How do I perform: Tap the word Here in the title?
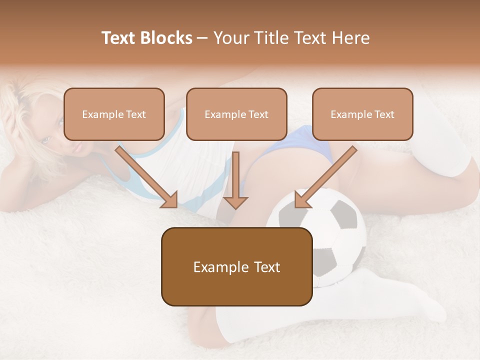350,38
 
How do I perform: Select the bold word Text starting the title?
118,38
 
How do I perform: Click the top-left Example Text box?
114,114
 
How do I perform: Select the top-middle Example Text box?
236,114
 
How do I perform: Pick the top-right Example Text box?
362,114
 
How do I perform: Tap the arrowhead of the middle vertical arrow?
235,202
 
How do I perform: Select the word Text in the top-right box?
384,114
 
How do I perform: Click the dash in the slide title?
202,38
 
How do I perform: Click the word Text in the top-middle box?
258,114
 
